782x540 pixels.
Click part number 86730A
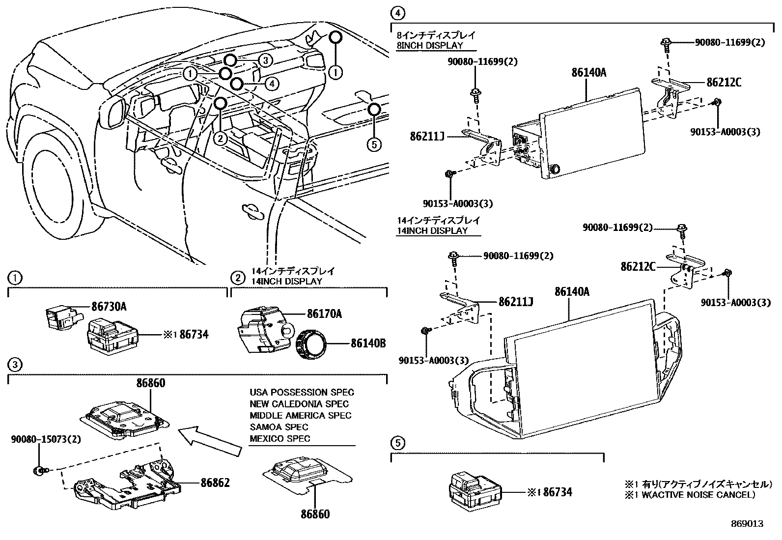pos(109,307)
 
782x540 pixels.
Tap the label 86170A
pos(324,313)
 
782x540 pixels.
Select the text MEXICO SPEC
pos(280,438)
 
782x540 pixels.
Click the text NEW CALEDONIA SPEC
pos(299,404)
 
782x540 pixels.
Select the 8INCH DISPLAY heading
pos(429,45)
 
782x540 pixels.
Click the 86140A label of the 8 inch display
pos(588,73)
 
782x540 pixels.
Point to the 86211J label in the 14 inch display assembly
pos(516,301)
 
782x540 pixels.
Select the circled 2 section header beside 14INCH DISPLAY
pos(237,278)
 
